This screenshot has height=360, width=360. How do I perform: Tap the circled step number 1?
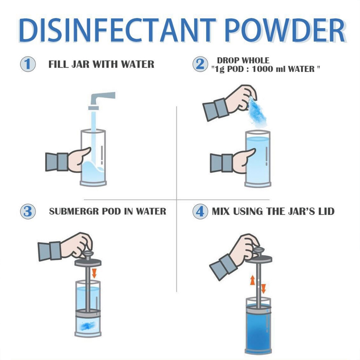[x=28, y=64]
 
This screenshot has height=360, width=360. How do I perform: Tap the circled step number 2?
[x=200, y=64]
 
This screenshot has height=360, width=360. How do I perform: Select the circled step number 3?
[x=28, y=211]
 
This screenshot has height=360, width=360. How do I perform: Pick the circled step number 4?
[x=200, y=211]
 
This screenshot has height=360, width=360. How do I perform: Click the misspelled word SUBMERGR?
[x=74, y=211]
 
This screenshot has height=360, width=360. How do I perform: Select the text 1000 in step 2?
[x=262, y=69]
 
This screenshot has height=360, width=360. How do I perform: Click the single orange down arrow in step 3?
[x=94, y=273]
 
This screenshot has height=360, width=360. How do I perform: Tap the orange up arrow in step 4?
[x=252, y=280]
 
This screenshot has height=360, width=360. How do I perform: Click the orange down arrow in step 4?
[x=264, y=289]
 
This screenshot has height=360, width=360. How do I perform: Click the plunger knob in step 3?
[x=88, y=254]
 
